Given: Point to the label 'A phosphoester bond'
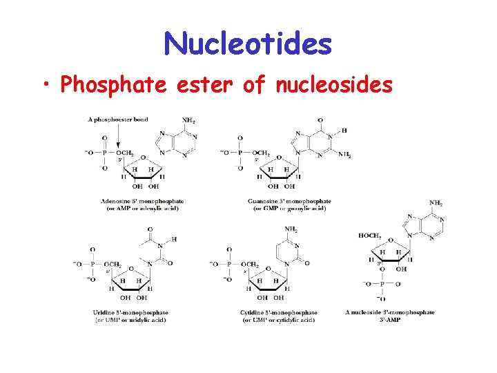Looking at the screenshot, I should point(118,120).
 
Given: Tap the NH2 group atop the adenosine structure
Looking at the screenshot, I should point(188,120).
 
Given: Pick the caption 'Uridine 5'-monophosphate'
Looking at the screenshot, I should point(130,313).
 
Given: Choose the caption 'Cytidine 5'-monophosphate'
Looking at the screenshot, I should point(280,313).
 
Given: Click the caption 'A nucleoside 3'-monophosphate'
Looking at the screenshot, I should point(390,312).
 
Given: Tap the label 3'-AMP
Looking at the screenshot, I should point(390,320).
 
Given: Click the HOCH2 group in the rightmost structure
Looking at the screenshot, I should point(369,236).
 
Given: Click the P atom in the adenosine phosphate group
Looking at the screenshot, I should point(104,153).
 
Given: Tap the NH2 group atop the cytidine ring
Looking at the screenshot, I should point(291,229).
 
